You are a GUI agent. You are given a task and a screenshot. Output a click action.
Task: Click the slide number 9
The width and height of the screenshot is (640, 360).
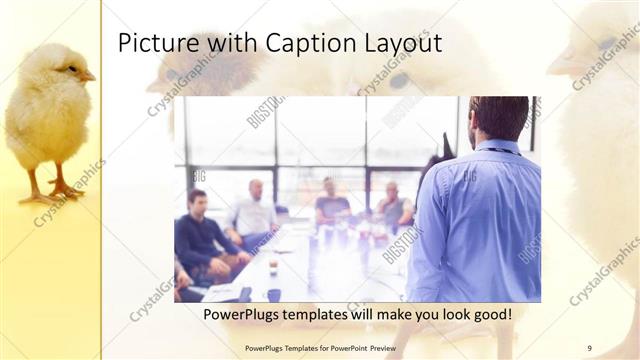point(589,348)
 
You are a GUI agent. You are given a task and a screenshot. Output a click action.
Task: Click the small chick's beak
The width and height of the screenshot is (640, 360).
point(89,75)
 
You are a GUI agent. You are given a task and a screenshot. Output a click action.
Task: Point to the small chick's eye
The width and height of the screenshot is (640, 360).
point(71,68)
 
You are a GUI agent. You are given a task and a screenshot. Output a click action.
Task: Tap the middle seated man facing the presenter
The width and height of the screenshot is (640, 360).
point(331,203)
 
